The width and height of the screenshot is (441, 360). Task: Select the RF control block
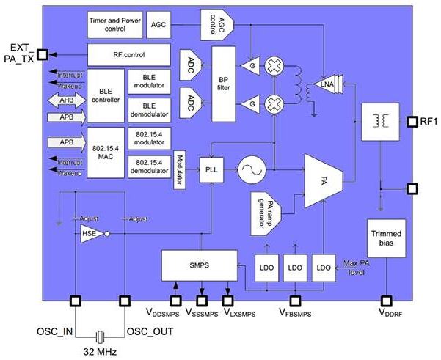pos(128,54)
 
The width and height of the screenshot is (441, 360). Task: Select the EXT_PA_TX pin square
pos(43,54)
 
